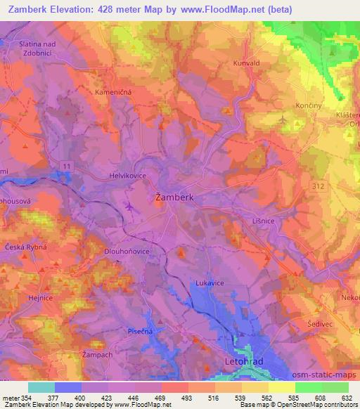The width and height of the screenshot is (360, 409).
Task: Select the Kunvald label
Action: point(247,63)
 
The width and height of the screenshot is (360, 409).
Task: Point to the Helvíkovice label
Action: point(127,175)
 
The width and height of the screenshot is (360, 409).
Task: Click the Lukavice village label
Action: point(209,284)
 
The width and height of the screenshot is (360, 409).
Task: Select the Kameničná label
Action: point(113,92)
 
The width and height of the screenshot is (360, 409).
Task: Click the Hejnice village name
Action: point(41,298)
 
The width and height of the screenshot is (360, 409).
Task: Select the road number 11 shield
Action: point(66,164)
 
